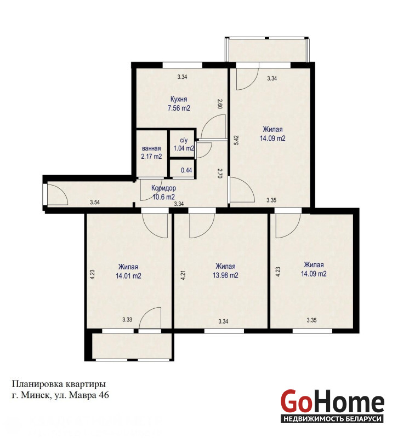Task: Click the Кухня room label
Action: point(179,99)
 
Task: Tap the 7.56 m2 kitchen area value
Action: point(179,108)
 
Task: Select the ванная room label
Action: point(151,148)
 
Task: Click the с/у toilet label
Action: point(184,141)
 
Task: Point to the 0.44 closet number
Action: point(186,170)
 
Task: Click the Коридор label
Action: point(164,188)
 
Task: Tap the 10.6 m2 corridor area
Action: point(164,197)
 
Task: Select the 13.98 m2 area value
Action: point(225,275)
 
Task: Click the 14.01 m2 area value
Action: point(128,276)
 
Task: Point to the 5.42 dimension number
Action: point(236,140)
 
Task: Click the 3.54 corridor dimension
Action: point(95,202)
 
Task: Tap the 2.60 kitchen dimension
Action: point(220,104)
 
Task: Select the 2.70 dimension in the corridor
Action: point(220,173)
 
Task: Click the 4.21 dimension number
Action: point(183,275)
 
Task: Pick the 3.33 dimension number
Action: point(127,320)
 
